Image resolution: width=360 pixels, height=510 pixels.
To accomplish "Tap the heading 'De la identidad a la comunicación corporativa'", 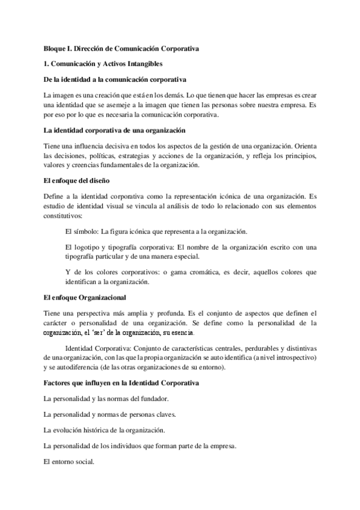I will pyautogui.click(x=116, y=79).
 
